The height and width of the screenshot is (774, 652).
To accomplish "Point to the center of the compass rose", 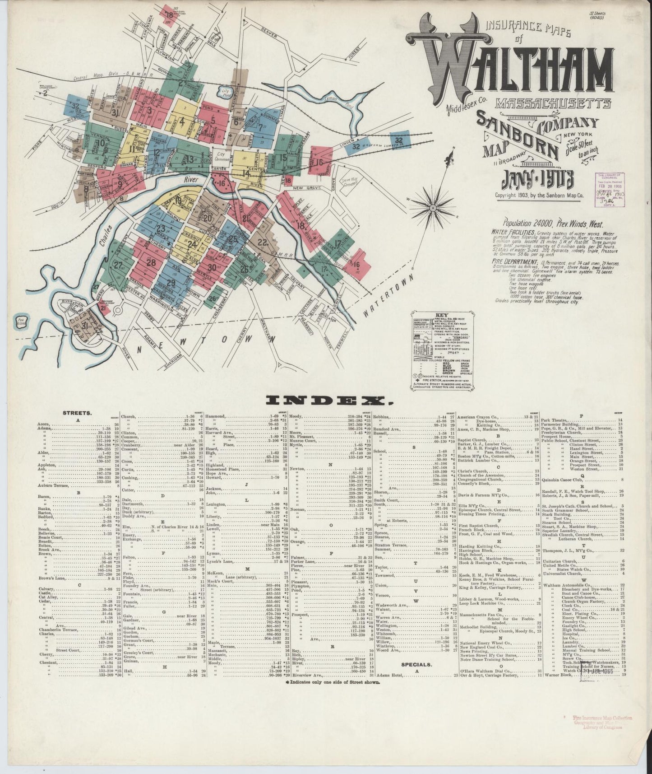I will coord(433,208).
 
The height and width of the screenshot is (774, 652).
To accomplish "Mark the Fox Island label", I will coord(20,322).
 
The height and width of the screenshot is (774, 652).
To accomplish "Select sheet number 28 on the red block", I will coord(151,263).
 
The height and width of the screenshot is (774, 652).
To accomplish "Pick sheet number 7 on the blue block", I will coord(261,126).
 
